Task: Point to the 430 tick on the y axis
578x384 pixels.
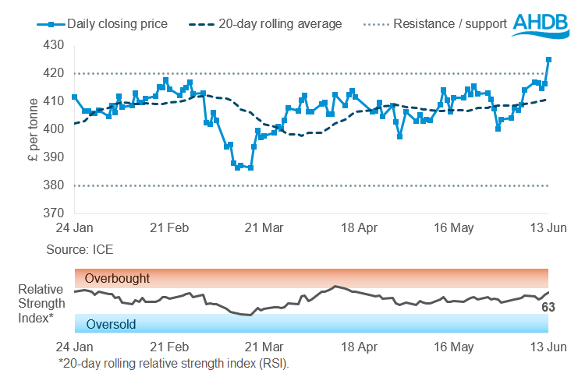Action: [56, 46]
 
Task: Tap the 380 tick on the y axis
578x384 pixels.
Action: [56, 185]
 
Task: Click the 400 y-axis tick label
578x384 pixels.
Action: [56, 129]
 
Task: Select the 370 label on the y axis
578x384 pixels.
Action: [56, 213]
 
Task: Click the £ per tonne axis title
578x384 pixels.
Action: [28, 129]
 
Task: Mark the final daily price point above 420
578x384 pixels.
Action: [548, 59]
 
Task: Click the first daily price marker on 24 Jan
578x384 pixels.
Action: [74, 97]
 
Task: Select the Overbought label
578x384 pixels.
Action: [117, 278]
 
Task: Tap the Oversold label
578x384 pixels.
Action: [112, 325]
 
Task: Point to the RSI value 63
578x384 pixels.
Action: [549, 308]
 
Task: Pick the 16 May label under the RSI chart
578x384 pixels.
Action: [455, 346]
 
